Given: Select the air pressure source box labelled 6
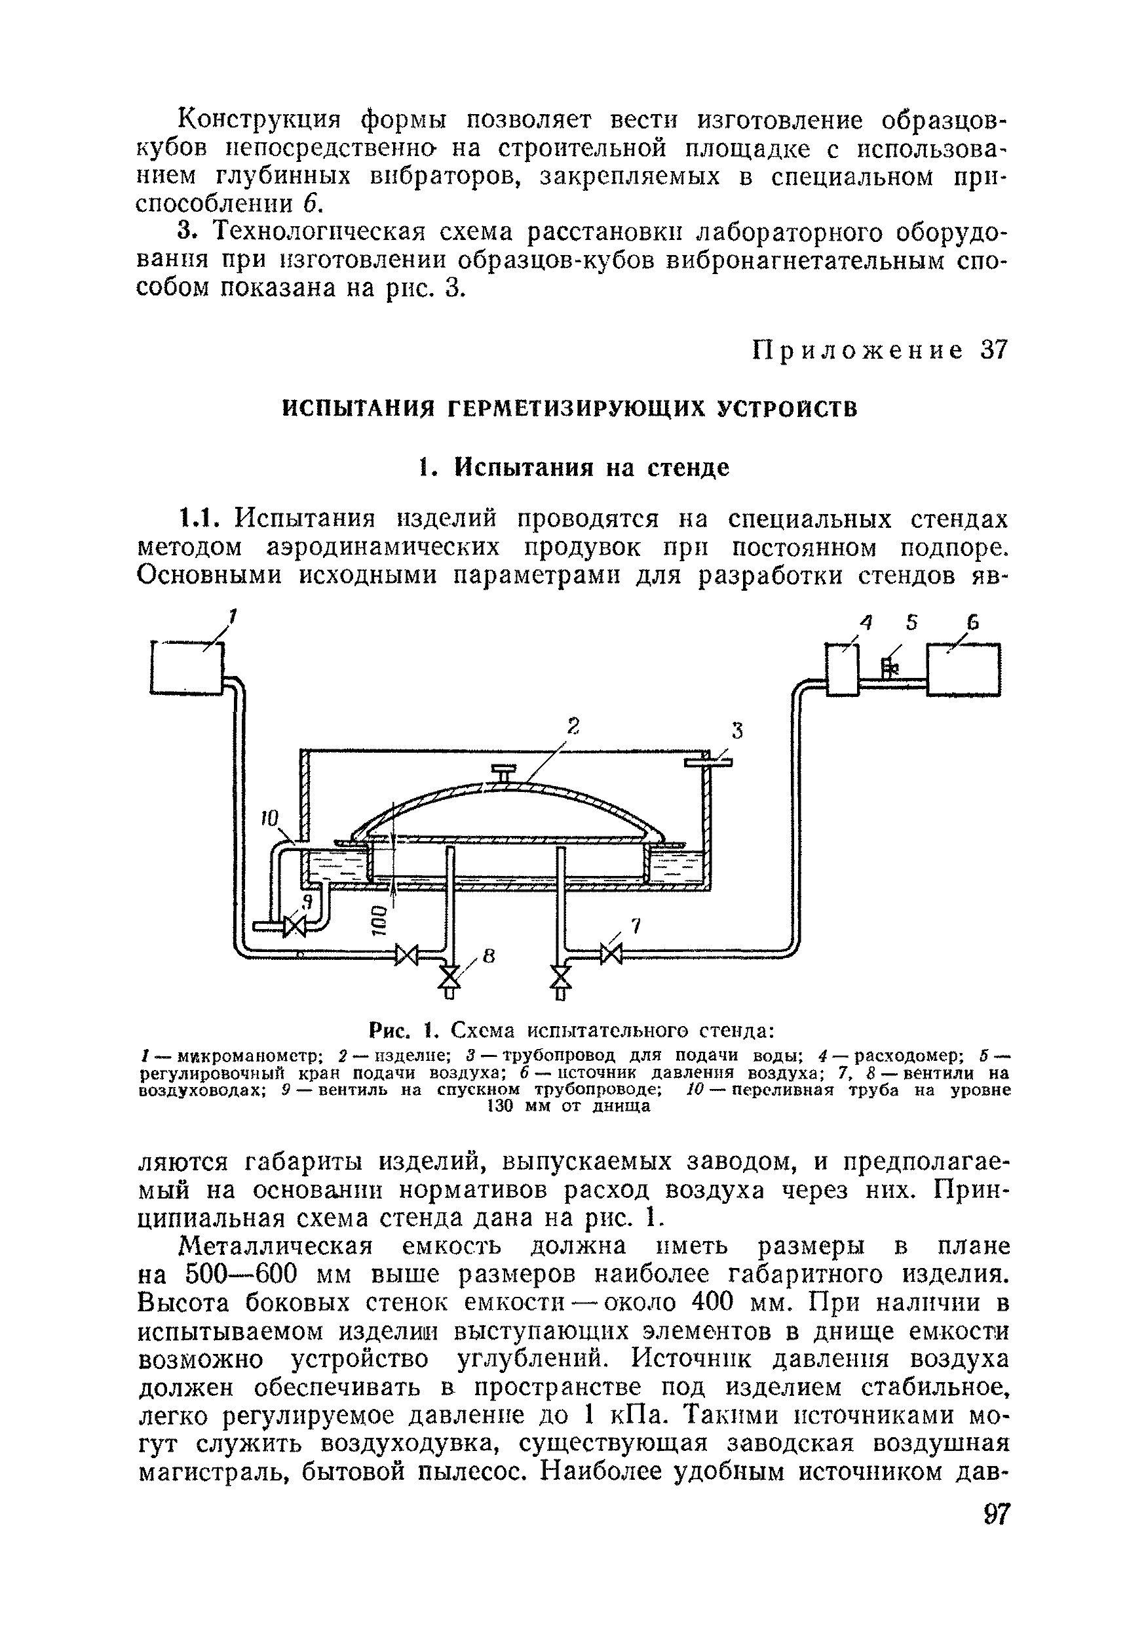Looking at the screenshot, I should click(x=963, y=669).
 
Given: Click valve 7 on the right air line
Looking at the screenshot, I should click(x=610, y=954).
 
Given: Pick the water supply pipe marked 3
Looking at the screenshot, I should click(x=708, y=762).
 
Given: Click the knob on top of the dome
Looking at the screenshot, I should click(x=504, y=772).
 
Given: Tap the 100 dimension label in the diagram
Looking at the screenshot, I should click(x=379, y=921).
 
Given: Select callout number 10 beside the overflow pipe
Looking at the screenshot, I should click(x=270, y=818).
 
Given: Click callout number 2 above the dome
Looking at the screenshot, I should click(x=572, y=725).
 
